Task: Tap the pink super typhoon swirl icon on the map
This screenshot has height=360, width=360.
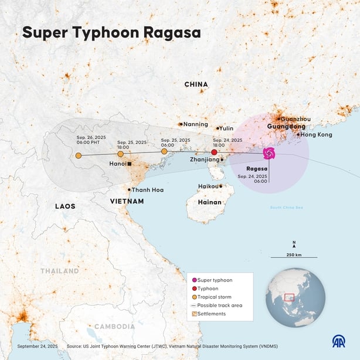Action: (269, 154)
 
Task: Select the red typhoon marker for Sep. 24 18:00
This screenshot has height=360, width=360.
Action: (214, 152)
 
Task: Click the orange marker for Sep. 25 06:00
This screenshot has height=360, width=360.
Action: (164, 152)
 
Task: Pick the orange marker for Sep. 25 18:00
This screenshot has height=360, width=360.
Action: (120, 154)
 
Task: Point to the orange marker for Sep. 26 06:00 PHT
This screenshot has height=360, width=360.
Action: (79, 156)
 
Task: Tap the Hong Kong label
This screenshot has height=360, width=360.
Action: (317, 134)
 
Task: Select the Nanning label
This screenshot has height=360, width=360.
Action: (196, 124)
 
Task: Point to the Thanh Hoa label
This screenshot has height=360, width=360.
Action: (148, 190)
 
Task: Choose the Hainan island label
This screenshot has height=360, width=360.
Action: (209, 202)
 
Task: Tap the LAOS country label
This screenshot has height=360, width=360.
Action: (65, 206)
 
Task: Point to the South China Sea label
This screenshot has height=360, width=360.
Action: (286, 208)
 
